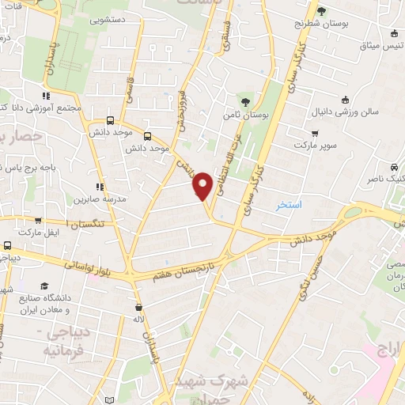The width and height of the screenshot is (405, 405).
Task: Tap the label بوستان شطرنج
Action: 321,24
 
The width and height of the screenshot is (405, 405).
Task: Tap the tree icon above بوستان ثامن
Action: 247,100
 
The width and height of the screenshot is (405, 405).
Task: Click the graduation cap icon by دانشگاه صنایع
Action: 45,285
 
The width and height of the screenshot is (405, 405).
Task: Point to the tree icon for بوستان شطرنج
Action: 321,10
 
